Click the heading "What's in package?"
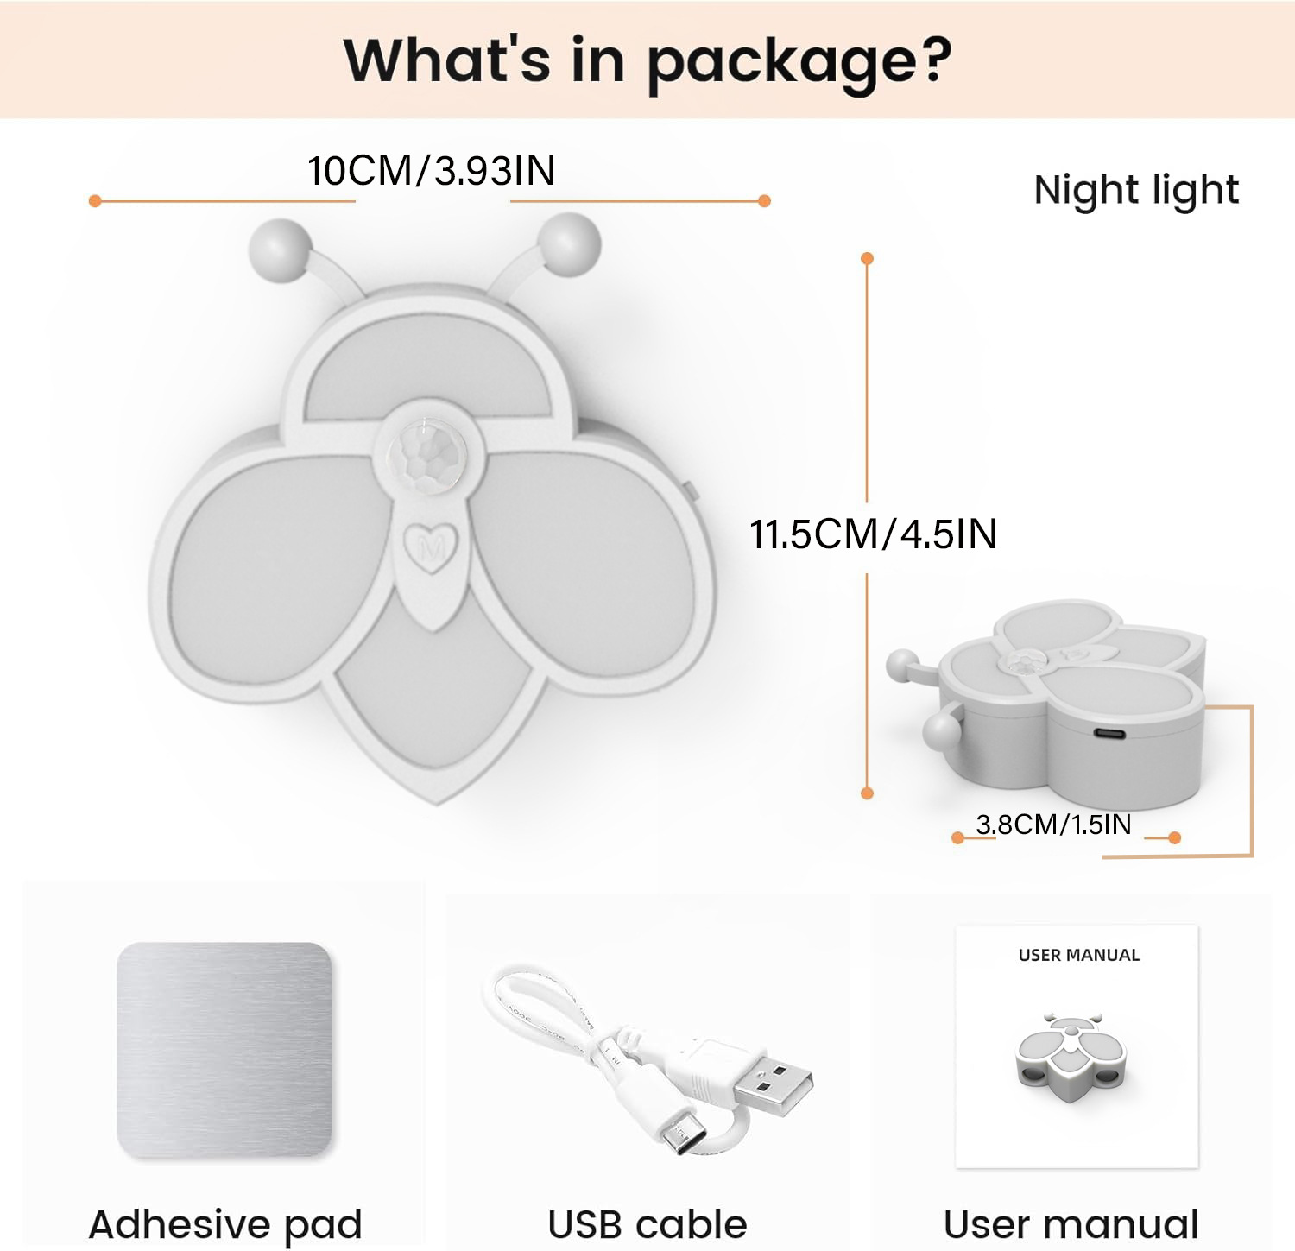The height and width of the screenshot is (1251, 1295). (647, 60)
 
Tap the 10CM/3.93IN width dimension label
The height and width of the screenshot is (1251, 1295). (431, 171)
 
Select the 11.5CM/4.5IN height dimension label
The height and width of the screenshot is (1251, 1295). (873, 534)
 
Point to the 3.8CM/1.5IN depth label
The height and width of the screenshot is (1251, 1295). (1053, 825)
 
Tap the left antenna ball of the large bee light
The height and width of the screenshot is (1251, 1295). (280, 249)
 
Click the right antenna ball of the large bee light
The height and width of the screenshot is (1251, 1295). (570, 243)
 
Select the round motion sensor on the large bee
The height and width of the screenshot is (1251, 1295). (426, 449)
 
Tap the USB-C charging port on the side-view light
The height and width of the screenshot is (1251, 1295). (1109, 734)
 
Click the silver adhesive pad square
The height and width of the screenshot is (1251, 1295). (224, 1049)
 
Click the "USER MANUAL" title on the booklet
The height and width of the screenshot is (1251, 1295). (1078, 955)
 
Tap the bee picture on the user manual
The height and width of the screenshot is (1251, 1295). (1071, 1058)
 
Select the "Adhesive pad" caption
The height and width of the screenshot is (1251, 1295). (225, 1224)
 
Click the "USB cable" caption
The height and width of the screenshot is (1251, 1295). (647, 1224)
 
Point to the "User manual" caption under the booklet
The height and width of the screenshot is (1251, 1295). (1071, 1224)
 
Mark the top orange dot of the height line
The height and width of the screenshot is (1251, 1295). (868, 258)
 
